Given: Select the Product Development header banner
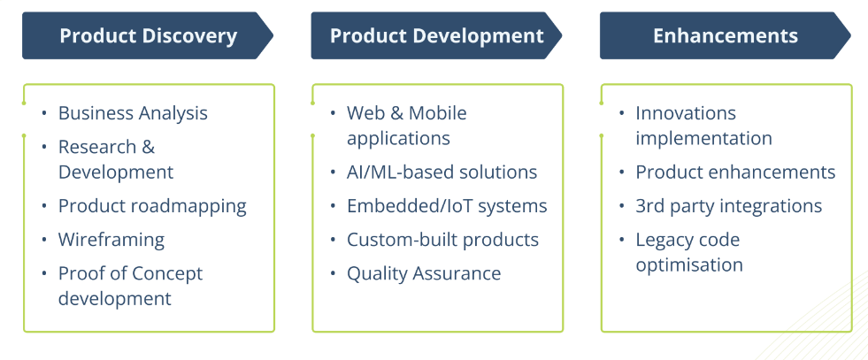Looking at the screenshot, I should click(436, 36).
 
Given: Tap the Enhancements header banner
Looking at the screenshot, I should click(725, 36).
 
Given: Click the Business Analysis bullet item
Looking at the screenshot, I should click(133, 113).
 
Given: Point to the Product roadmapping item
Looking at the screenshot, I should click(152, 206).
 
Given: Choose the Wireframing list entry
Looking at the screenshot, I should click(111, 240).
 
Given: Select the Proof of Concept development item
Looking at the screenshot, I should click(130, 286).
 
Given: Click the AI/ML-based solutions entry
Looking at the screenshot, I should click(442, 172).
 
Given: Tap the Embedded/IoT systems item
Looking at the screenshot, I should click(447, 206).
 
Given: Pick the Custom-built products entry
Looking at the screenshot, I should click(442, 240).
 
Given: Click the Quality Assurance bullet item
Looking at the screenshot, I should click(424, 273).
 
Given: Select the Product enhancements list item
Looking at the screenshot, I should click(735, 172).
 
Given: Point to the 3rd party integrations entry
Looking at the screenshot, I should click(728, 206).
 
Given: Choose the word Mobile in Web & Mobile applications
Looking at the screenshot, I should click(437, 113).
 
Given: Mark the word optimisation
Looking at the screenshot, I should click(688, 264).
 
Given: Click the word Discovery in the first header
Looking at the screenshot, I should click(193, 36).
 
